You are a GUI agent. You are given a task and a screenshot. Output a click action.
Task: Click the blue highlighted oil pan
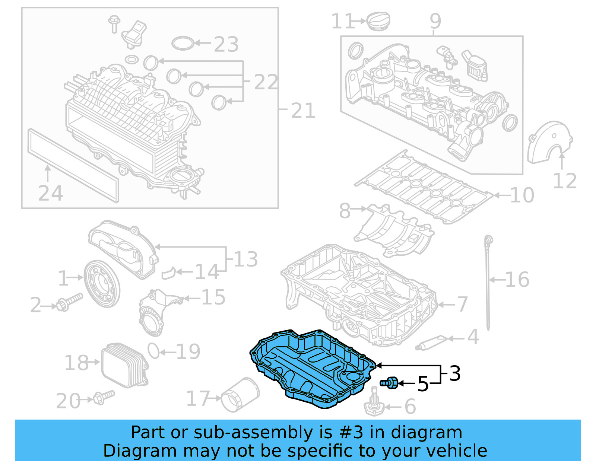click(x=313, y=369)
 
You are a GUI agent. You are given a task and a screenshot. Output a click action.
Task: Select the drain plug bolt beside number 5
click(x=390, y=382)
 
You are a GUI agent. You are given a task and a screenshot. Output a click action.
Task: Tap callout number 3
click(x=455, y=373)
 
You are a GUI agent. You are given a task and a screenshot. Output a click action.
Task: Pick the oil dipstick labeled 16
click(x=488, y=283)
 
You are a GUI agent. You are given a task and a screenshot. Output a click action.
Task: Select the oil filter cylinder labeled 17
click(x=240, y=396)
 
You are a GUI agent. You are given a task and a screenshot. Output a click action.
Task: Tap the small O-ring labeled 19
click(x=153, y=351)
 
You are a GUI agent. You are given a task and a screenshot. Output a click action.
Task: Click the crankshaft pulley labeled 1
click(x=102, y=284)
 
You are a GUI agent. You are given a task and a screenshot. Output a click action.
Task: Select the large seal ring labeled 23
click(x=183, y=43)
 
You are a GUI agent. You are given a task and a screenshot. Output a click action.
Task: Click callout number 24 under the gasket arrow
click(x=50, y=193)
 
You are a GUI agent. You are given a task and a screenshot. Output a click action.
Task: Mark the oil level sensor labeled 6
click(x=374, y=406)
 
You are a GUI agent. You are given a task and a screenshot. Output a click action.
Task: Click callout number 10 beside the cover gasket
click(x=521, y=195)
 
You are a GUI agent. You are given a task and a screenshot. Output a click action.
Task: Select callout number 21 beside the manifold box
click(x=303, y=110)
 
